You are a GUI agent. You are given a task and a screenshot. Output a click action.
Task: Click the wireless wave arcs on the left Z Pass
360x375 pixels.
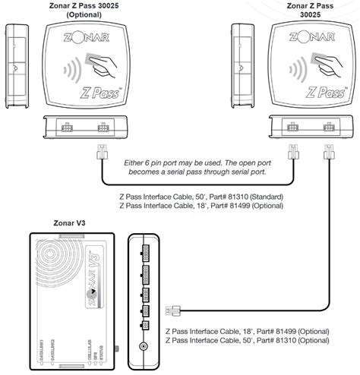(70, 73)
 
